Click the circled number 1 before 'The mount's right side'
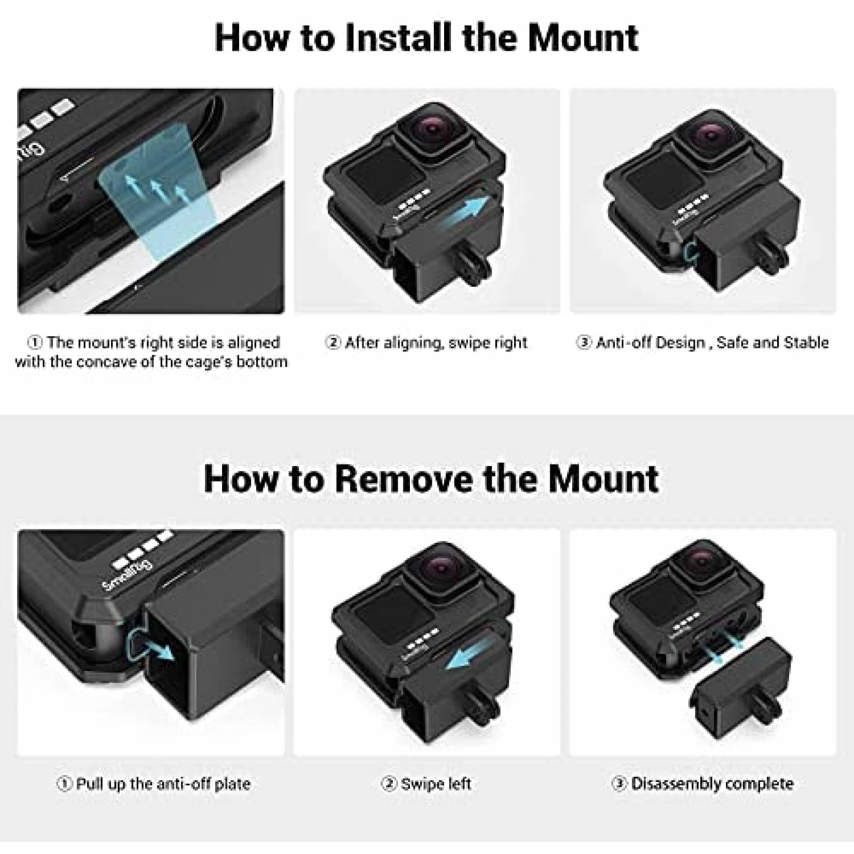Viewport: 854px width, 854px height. tap(35, 342)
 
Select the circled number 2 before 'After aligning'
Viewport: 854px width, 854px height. tap(333, 342)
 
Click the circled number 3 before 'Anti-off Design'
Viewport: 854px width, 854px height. tap(584, 342)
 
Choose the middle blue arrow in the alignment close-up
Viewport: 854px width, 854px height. tap(156, 190)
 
